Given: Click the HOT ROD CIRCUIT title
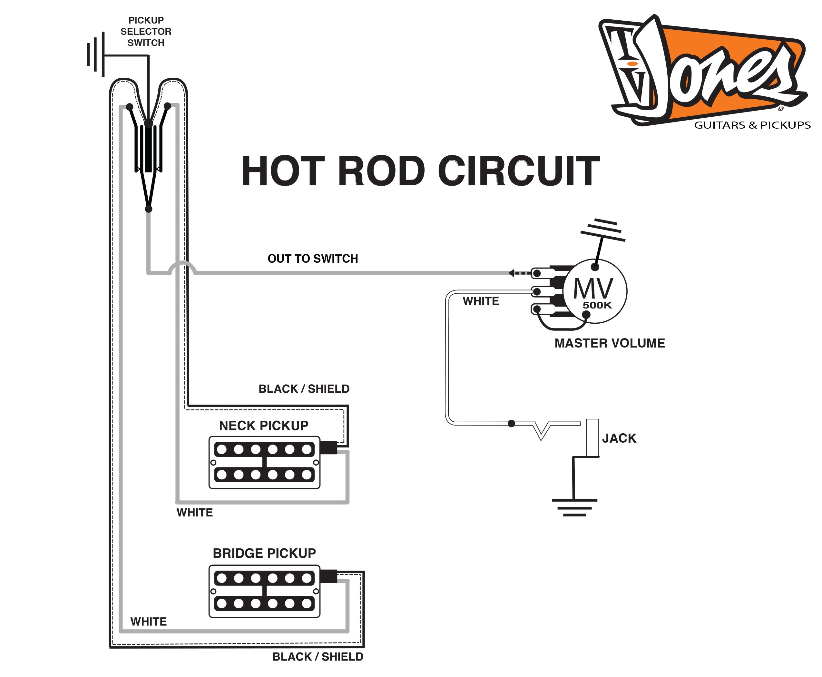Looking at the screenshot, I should click(420, 171).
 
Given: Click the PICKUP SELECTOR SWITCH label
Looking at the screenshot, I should click(146, 32).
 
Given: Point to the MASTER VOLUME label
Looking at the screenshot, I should click(610, 343).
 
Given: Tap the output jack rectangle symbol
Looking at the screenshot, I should click(592, 437).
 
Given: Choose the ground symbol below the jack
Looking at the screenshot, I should click(574, 507).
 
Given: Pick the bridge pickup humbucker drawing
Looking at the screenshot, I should click(264, 591).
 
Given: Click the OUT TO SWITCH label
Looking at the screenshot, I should click(313, 259).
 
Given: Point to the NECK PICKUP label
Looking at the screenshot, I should click(264, 426).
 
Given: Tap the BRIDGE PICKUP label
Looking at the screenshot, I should click(264, 553).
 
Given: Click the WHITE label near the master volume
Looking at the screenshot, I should click(480, 301).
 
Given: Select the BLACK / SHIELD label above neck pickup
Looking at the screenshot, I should click(304, 389).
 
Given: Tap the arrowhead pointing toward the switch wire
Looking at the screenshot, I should click(511, 273).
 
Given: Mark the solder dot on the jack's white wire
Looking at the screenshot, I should click(512, 424).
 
